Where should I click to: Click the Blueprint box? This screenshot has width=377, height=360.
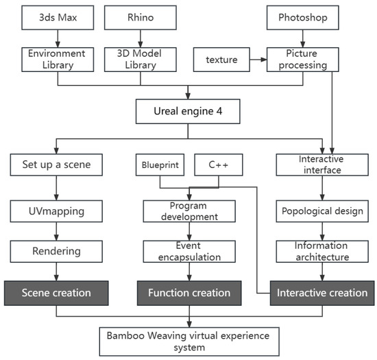point(160,165)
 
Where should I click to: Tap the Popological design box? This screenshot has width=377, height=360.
point(322,211)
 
